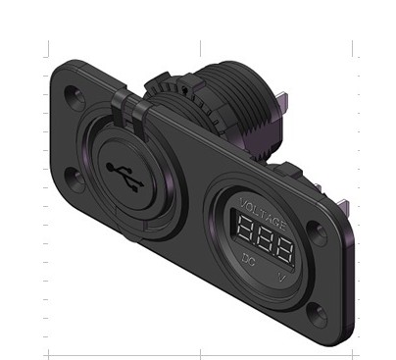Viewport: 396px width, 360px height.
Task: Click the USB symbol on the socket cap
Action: [x=125, y=177]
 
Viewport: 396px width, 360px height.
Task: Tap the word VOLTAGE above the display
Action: [x=264, y=214]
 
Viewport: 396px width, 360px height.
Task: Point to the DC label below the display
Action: [x=248, y=259]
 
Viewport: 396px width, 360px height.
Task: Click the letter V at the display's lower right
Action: [x=281, y=277]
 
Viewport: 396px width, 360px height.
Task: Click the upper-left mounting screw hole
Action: [x=73, y=96]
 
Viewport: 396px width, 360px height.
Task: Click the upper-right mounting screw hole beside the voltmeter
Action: [x=318, y=232]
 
